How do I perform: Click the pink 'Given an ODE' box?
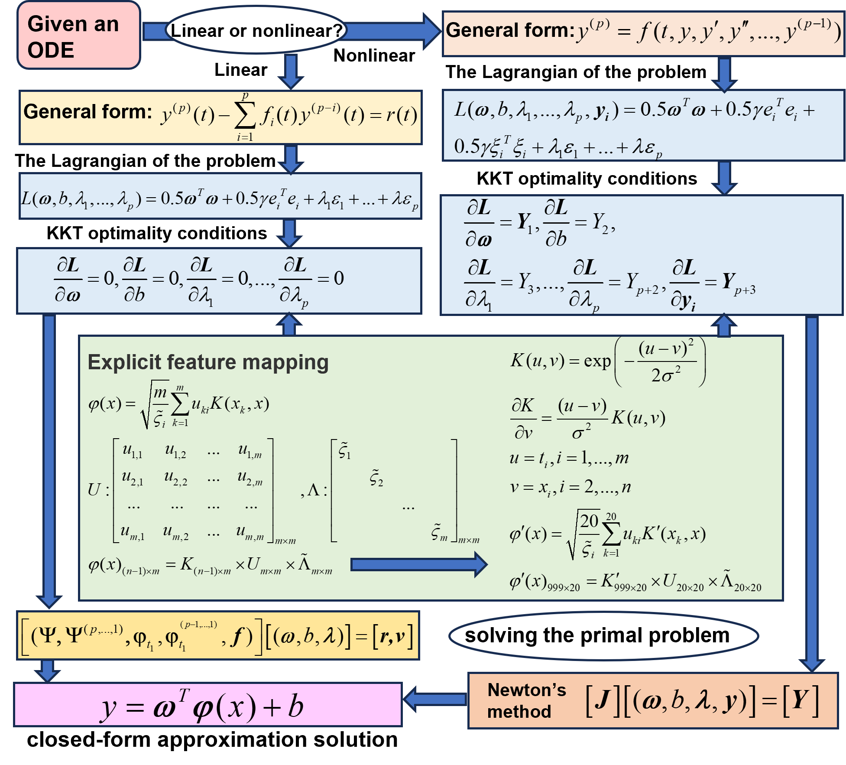(x=78, y=36)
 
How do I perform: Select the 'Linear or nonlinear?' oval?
(x=256, y=30)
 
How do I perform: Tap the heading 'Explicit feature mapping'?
(x=208, y=362)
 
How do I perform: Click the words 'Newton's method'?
(x=526, y=700)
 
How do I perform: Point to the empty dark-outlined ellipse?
(x=603, y=636)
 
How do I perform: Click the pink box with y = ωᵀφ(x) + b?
(x=208, y=705)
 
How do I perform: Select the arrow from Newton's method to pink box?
(x=435, y=699)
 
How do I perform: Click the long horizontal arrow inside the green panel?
(x=418, y=564)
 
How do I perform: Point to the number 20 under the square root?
(x=589, y=521)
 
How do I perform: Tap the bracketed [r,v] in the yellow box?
(x=392, y=636)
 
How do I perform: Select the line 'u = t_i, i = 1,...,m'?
(x=569, y=458)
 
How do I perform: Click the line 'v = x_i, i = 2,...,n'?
(x=570, y=488)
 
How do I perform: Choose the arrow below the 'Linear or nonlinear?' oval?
(x=291, y=71)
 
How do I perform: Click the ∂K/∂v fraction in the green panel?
(x=523, y=419)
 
